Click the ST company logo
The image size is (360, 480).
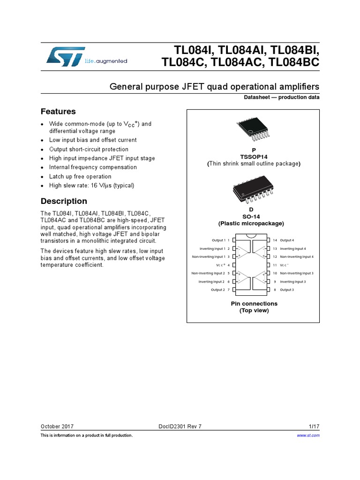[x=66, y=56]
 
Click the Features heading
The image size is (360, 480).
[x=58, y=112]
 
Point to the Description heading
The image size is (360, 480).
[x=64, y=201]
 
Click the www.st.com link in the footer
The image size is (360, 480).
[x=308, y=435]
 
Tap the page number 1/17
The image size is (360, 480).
[x=314, y=427]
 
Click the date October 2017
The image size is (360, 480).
[x=57, y=427]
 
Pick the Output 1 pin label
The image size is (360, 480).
[x=218, y=240]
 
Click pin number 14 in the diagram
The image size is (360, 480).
[x=275, y=240]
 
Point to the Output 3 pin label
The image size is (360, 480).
[x=287, y=290]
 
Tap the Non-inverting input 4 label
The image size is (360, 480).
[x=297, y=257]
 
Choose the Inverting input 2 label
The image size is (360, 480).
[x=212, y=282]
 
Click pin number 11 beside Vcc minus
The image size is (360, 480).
[x=275, y=265]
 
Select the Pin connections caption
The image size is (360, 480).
[x=254, y=304]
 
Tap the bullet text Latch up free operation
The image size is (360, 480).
[x=80, y=176]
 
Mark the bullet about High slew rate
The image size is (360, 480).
[x=91, y=186]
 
